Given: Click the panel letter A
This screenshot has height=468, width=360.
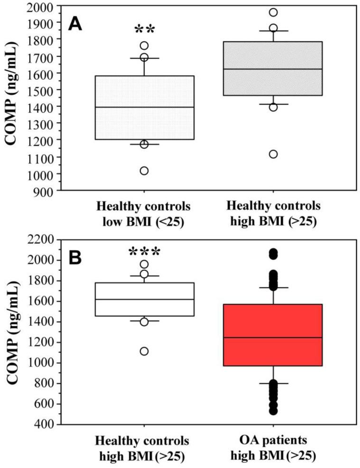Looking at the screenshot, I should coord(75,23).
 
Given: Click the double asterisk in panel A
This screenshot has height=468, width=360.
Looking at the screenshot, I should coord(144,30).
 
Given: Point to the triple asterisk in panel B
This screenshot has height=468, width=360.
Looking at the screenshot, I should coord(144,251).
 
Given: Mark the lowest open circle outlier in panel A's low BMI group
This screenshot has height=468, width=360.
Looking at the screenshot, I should coord(144,171).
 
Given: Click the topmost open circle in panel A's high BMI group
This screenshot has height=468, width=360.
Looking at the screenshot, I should coord(273,12).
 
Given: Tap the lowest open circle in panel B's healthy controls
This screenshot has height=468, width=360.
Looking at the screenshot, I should coord(144,351).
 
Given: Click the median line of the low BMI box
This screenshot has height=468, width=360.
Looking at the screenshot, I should coord(144,107).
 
